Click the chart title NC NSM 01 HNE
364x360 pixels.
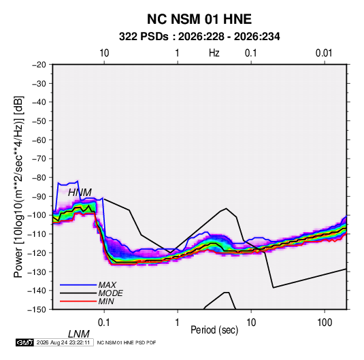(199, 19)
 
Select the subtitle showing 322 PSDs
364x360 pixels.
(199, 37)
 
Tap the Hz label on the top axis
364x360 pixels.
(214, 53)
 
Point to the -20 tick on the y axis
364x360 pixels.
(39, 65)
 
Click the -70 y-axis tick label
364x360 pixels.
(39, 159)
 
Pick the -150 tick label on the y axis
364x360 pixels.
(37, 310)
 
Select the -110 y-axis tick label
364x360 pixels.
(37, 234)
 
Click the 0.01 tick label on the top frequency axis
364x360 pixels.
(324, 53)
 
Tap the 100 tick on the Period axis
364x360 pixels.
(325, 323)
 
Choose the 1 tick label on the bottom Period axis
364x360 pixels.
(178, 323)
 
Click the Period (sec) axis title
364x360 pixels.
(214, 330)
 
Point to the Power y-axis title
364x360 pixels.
(18, 187)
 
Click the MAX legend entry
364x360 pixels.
(107, 285)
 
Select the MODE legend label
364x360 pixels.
(110, 293)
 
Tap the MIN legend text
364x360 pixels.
(106, 301)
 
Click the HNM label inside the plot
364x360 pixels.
(80, 193)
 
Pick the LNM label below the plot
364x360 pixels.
(78, 334)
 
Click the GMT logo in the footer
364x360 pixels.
(25, 342)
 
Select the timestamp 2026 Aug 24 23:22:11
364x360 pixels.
(63, 342)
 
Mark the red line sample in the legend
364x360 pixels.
(78, 301)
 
